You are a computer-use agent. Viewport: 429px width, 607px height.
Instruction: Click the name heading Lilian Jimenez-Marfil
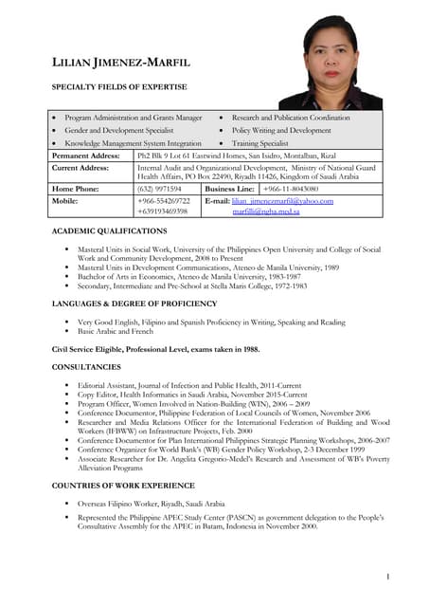(x=120, y=63)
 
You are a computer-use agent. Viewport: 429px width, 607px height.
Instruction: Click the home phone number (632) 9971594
(x=159, y=189)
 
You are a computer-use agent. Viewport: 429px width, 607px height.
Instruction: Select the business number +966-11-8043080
(x=291, y=189)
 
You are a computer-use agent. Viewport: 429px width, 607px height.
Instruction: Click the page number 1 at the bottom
(x=388, y=576)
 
